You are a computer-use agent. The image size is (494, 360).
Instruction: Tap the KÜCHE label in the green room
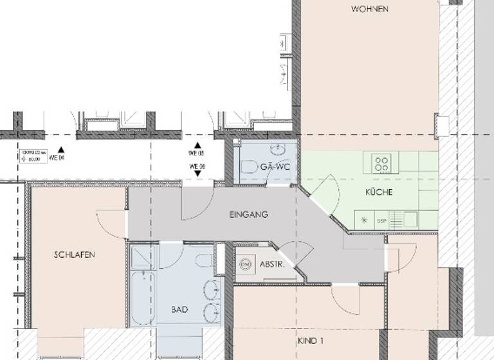[379, 192]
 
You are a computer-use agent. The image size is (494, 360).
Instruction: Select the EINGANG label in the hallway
[248, 214]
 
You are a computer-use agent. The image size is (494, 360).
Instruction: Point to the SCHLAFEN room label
[75, 255]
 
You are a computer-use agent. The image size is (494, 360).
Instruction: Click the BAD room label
[180, 309]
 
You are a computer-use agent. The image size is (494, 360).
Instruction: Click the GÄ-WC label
[275, 167]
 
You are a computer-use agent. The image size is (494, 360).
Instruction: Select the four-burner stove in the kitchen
[381, 163]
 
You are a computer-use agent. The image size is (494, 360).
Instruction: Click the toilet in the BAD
[205, 260]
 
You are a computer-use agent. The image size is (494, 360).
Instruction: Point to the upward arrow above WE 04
[60, 147]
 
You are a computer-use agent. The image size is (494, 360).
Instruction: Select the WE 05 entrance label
[196, 154]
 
